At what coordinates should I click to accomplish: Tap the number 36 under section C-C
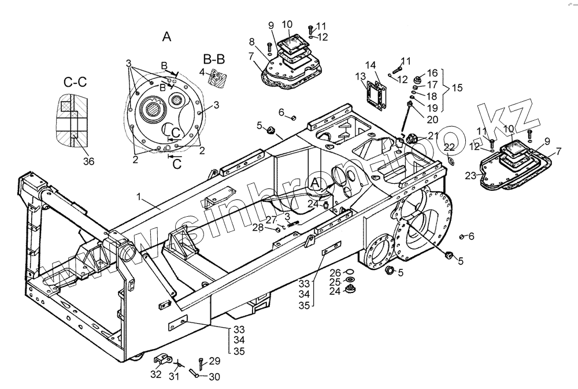[88, 162]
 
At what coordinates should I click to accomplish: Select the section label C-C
[75, 82]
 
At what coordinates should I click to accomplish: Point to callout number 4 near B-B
[202, 72]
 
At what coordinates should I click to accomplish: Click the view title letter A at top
[166, 37]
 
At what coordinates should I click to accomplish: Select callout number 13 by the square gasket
[360, 76]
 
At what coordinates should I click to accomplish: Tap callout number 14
[370, 65]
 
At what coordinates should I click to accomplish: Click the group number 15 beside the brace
[457, 88]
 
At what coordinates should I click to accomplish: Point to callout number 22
[449, 147]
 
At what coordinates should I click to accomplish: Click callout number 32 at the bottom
[157, 375]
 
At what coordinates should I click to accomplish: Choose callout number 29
[214, 361]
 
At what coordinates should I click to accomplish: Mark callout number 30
[214, 377]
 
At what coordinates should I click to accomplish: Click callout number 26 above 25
[335, 272]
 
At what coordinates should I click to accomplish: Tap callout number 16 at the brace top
[433, 73]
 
